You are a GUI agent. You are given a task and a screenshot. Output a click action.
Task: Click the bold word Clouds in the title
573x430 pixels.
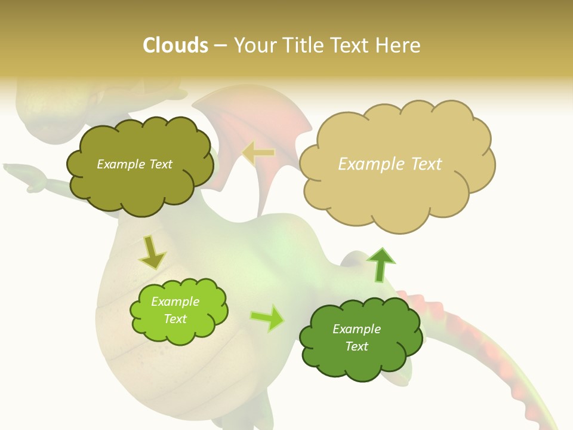pos(175,45)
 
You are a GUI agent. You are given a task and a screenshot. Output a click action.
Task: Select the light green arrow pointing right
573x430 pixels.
pos(267,318)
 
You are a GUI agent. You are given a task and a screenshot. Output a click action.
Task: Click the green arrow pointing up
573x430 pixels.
pos(381,264)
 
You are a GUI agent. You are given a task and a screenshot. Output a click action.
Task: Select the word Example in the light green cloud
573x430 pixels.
pos(175,302)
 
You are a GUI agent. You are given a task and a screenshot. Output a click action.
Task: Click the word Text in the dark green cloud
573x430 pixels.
pos(356,346)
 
